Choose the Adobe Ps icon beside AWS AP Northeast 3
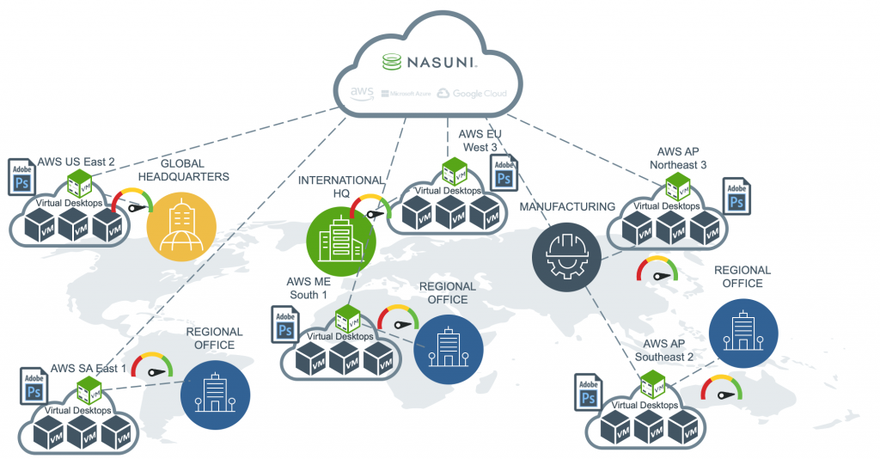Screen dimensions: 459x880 [x=736, y=197]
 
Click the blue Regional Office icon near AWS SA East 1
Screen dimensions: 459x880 [x=215, y=395]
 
